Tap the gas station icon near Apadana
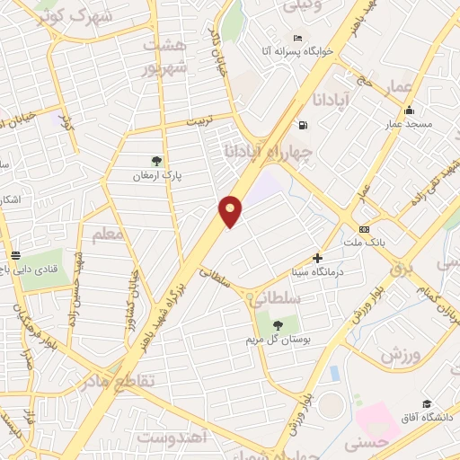pyautogui.click(x=303, y=124)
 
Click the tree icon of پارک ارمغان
pyautogui.click(x=157, y=161)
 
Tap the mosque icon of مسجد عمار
pyautogui.click(x=410, y=111)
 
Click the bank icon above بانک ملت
pyautogui.click(x=364, y=229)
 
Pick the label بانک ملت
pyautogui.click(x=364, y=243)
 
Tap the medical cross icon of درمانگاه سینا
pyautogui.click(x=317, y=257)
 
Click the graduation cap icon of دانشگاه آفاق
pyautogui.click(x=427, y=404)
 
